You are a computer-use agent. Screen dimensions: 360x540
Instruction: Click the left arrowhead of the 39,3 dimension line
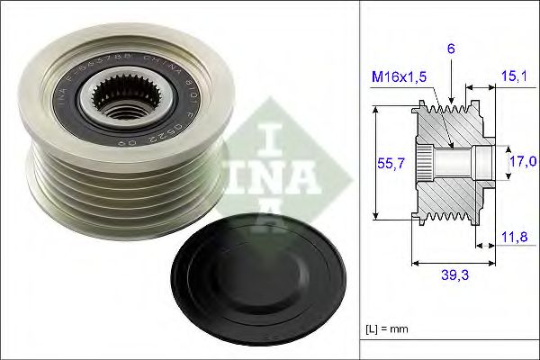tap(414, 263)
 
